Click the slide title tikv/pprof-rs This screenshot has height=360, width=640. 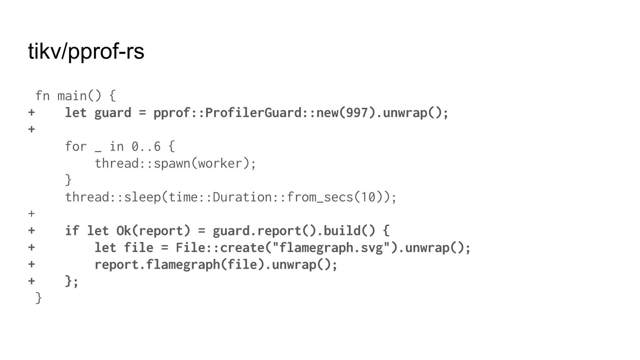point(86,51)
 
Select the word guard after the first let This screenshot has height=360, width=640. point(113,113)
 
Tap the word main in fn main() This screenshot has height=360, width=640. point(72,96)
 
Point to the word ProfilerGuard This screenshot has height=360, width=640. point(253,113)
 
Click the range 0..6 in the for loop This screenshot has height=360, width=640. point(146,147)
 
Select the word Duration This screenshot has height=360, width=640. point(242,197)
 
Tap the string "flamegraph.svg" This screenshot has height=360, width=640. point(331,248)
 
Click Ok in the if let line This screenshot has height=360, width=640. point(124,231)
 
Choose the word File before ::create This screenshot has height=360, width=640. point(190,248)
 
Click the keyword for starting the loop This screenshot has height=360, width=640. point(76,147)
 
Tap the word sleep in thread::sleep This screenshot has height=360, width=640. point(142,197)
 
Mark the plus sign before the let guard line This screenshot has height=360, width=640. point(31,112)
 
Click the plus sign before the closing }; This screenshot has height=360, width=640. point(31,281)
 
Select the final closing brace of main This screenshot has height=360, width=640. point(39,298)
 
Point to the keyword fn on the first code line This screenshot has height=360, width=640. point(42,96)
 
